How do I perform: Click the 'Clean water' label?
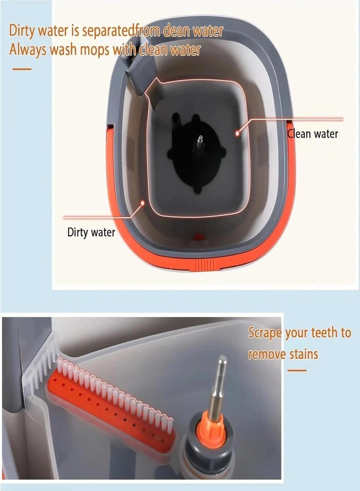click(313, 134)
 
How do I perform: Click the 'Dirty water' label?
click(91, 232)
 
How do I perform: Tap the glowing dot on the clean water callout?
click(237, 133)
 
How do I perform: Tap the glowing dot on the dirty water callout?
click(142, 203)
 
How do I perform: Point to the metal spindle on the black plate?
click(200, 144)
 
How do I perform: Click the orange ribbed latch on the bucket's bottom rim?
click(205, 265)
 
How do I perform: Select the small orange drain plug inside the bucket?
click(199, 236)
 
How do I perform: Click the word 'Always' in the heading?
click(28, 50)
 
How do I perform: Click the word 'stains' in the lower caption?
click(304, 355)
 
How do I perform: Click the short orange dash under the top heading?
click(22, 69)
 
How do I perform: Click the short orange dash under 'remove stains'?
click(297, 370)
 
